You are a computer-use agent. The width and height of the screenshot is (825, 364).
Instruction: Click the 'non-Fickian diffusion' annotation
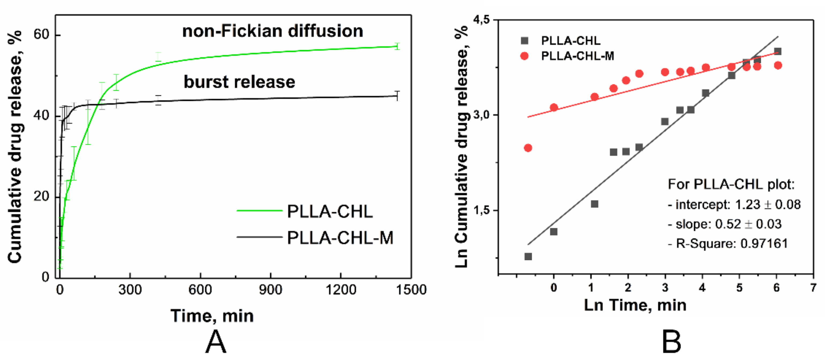point(273,31)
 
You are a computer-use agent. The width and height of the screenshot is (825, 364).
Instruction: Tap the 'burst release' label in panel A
point(239,82)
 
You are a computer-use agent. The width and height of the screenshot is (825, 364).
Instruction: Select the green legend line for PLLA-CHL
point(259,210)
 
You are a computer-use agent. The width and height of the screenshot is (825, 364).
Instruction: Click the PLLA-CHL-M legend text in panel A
point(340,238)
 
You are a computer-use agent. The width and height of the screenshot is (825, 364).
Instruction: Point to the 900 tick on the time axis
point(271,290)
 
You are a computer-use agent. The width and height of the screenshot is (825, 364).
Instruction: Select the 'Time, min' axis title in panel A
point(212,316)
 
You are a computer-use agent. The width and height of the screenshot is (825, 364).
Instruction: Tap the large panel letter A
point(216,342)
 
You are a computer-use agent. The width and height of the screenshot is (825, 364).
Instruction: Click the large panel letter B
point(671,342)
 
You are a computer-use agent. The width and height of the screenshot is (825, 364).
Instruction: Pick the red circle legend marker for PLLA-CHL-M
point(524,56)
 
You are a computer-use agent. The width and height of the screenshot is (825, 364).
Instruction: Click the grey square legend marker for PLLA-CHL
point(524,41)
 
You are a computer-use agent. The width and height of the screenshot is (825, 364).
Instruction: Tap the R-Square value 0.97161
point(764,244)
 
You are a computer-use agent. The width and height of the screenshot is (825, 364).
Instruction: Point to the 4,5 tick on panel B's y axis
point(482,20)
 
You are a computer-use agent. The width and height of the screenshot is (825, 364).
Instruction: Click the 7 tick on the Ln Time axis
point(813,288)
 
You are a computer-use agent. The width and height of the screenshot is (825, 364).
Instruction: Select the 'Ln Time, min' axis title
point(635,305)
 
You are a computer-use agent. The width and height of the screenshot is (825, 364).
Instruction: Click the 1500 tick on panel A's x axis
point(411,290)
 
